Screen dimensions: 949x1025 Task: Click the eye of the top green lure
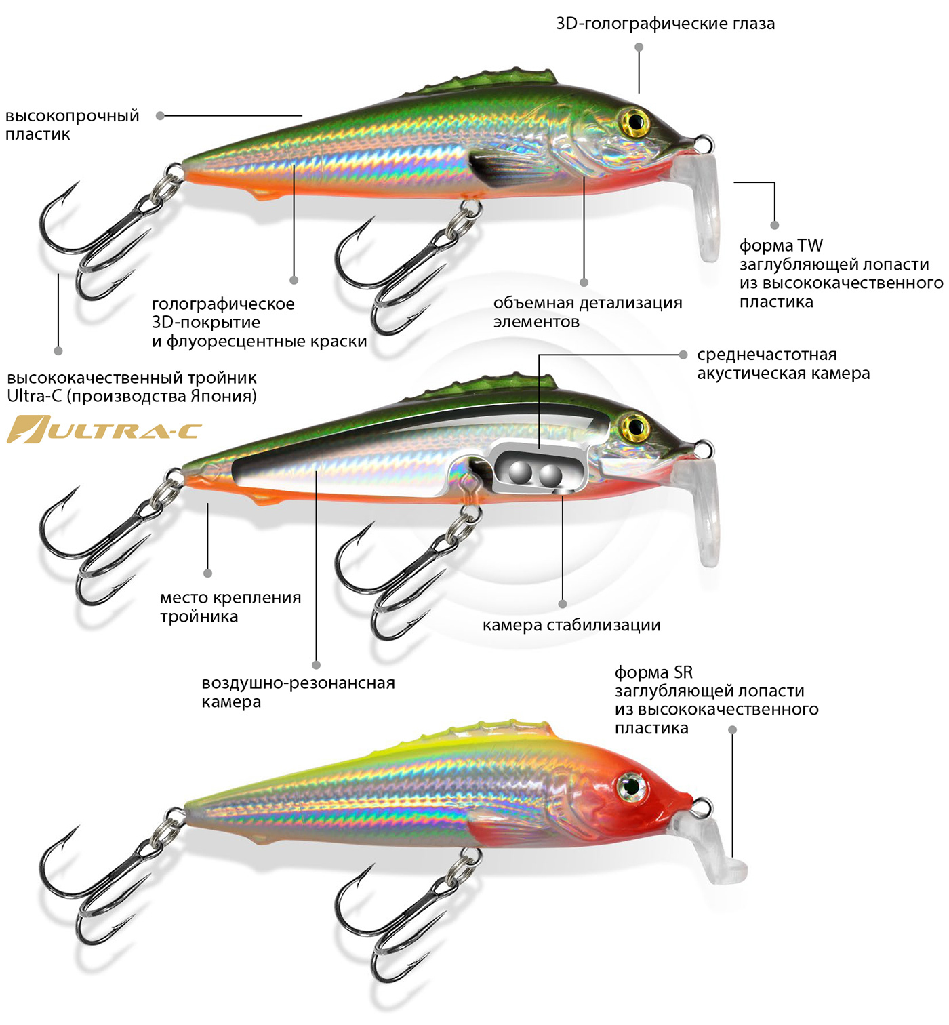click(635, 122)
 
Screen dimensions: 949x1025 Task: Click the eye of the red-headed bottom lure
click(632, 787)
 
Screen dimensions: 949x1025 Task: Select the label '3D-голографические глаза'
click(664, 24)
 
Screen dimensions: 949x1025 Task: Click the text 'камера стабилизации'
click(571, 625)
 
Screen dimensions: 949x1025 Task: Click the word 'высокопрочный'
click(72, 116)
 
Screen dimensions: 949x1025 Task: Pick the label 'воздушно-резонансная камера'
click(298, 692)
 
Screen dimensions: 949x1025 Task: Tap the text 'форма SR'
click(653, 672)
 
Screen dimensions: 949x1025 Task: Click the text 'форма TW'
click(781, 245)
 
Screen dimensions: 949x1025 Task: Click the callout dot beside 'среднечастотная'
click(683, 355)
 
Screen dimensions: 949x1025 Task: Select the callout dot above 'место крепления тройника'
click(207, 574)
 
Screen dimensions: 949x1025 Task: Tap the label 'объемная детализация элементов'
click(588, 313)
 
